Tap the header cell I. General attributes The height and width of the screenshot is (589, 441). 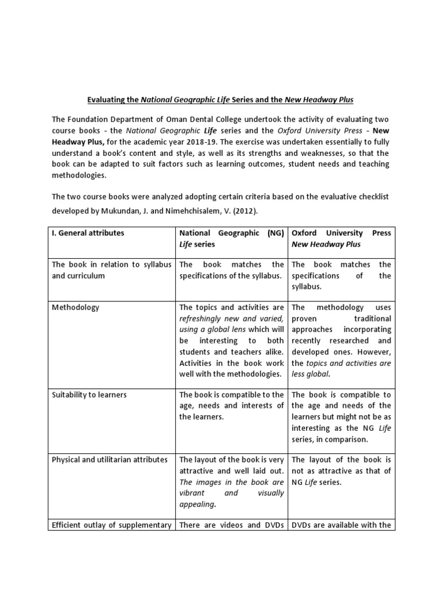[x=88, y=233]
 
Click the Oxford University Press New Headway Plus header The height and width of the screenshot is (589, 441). [x=341, y=239]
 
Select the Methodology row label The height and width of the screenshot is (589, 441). [x=75, y=307]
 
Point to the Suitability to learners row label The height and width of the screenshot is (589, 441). [x=89, y=395]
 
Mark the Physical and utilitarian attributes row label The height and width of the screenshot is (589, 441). [x=109, y=460]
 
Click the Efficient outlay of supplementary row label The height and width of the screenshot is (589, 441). [x=111, y=525]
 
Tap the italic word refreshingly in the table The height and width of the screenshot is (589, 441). [x=203, y=318]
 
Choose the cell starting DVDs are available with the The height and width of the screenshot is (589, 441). [x=341, y=525]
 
